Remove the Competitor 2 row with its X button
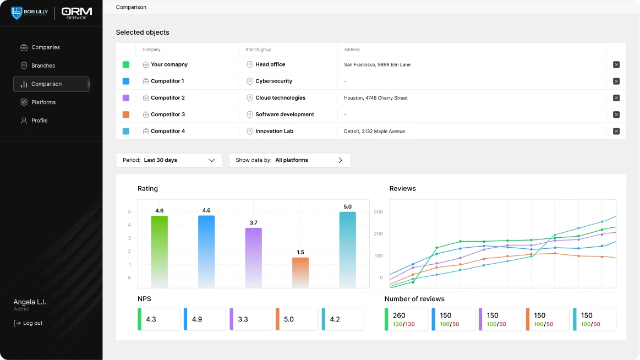(x=616, y=98)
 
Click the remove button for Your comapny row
(x=616, y=64)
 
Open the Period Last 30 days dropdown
(x=169, y=160)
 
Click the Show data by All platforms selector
(x=290, y=160)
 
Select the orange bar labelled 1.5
(x=300, y=272)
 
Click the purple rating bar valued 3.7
(x=254, y=258)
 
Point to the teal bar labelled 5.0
(x=347, y=249)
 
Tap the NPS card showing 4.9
(x=205, y=319)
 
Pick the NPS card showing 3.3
(x=250, y=319)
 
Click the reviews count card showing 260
(x=406, y=319)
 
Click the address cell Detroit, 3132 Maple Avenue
(x=374, y=132)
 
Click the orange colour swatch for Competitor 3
(x=126, y=114)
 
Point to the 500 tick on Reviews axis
(x=379, y=211)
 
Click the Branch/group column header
(x=259, y=50)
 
